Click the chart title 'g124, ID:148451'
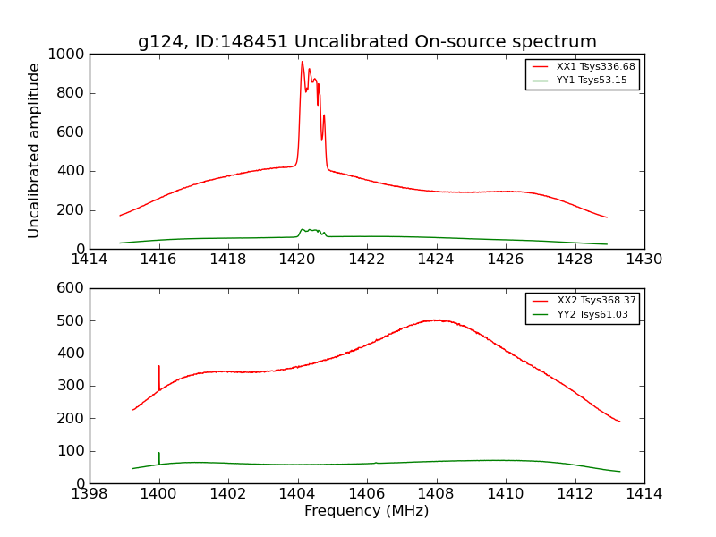click(x=367, y=42)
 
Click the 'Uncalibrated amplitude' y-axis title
click(x=35, y=150)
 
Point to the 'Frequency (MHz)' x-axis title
click(x=367, y=511)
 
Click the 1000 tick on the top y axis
click(x=67, y=55)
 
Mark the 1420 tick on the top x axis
click(x=297, y=260)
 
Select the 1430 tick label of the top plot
click(x=644, y=260)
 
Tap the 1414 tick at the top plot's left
click(x=89, y=260)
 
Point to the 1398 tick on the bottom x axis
click(x=89, y=494)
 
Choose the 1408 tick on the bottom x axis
click(x=436, y=494)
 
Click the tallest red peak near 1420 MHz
click(x=303, y=62)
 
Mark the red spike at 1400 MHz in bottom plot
click(x=158, y=367)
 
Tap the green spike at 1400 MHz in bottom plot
click(x=158, y=454)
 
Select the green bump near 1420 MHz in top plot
click(x=310, y=230)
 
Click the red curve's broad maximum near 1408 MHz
click(x=436, y=320)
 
